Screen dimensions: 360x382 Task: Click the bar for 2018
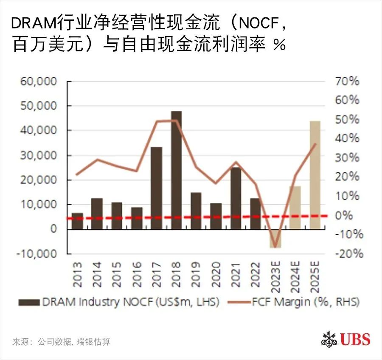pyautogui.click(x=176, y=170)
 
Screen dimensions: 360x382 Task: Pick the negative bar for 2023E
pyautogui.click(x=275, y=238)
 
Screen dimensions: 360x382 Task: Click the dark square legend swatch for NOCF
pyautogui.click(x=28, y=302)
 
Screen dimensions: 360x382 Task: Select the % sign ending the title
pyautogui.click(x=279, y=44)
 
